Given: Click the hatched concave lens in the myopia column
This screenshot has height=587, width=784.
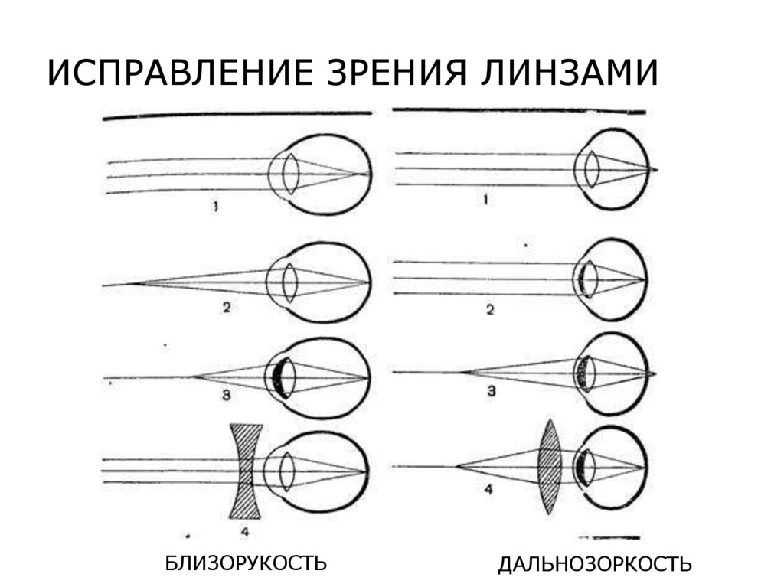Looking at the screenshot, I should tap(246, 470).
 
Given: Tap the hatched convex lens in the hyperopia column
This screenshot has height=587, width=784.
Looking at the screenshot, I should tap(550, 466).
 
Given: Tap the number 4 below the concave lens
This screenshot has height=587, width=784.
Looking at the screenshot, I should tap(245, 530).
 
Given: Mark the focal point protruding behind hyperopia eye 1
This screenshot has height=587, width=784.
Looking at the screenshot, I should tap(655, 168).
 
